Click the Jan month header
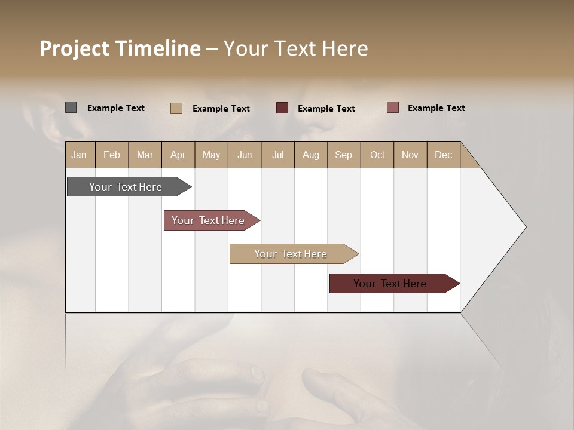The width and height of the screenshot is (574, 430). [x=79, y=155]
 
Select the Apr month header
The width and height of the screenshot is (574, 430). [x=178, y=155]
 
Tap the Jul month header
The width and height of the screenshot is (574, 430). [x=277, y=155]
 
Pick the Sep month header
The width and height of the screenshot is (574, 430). [x=343, y=155]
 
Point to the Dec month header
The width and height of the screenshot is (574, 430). [x=443, y=155]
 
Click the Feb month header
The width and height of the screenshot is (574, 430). [x=112, y=155]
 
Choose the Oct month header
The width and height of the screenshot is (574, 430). [x=377, y=155]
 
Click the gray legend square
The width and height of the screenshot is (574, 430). [x=71, y=107]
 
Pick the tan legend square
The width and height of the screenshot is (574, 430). [x=176, y=108]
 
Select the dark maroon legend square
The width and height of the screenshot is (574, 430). [x=282, y=108]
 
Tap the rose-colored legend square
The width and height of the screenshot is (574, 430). [x=392, y=107]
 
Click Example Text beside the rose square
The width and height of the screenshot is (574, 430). [x=436, y=108]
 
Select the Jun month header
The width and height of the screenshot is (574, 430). [x=245, y=155]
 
